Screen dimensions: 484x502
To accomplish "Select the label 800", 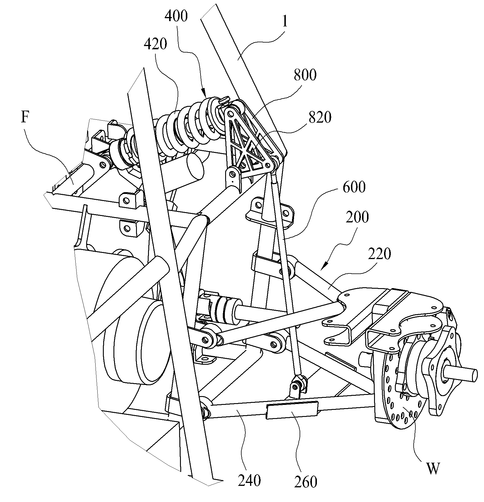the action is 305,75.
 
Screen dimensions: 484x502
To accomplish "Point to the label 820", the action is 320,118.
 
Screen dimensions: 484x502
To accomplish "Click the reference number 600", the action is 354,187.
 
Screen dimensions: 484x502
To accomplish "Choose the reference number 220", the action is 379,254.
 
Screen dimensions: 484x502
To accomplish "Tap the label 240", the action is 249,481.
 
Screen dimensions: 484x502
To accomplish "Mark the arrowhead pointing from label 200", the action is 324,267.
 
